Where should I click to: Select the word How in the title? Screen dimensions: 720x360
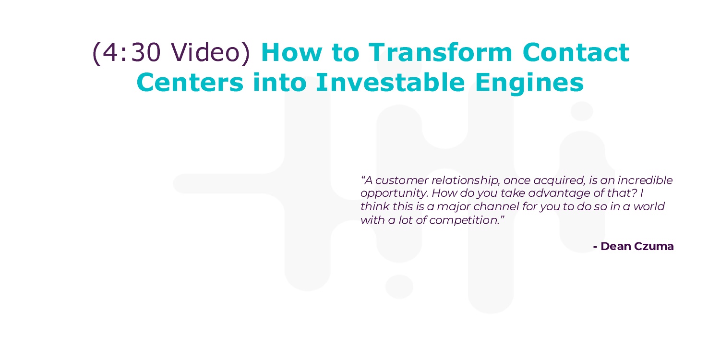(x=291, y=53)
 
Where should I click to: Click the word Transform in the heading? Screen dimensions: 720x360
(x=440, y=52)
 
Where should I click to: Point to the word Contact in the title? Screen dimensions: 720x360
(x=576, y=53)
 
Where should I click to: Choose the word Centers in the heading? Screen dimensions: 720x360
(x=190, y=83)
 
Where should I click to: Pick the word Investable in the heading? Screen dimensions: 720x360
(x=390, y=82)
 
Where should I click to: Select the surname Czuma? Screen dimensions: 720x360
(x=654, y=247)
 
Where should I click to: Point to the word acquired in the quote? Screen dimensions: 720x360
(x=559, y=181)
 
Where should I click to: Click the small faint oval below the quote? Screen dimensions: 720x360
(x=399, y=287)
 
